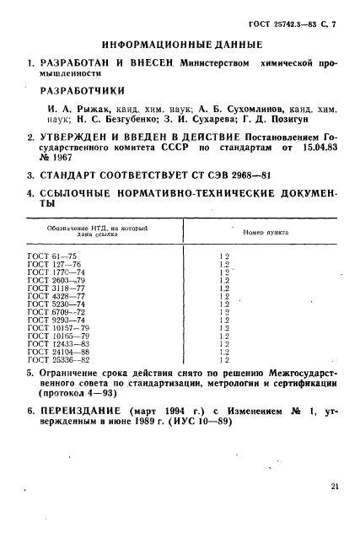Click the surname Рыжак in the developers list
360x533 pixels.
94,109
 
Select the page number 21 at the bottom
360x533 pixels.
335,487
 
